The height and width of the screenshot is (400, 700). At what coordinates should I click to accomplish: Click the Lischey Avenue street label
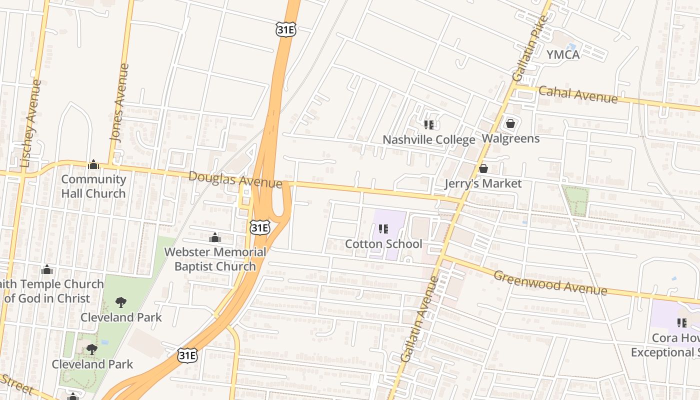coord(30,123)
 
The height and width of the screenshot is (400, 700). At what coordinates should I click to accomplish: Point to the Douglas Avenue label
coord(235,179)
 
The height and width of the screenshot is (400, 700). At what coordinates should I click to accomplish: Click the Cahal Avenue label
coord(577,94)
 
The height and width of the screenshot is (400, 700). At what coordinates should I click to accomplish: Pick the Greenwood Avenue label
coord(550,283)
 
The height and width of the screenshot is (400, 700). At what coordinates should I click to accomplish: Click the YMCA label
coord(562,54)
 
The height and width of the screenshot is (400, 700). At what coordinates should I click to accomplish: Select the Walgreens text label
coord(510,138)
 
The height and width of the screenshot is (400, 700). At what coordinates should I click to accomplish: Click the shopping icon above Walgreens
coord(510,123)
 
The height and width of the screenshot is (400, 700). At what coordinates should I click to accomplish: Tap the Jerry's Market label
coord(483,183)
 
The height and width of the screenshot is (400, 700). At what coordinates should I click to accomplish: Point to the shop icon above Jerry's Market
coord(483,168)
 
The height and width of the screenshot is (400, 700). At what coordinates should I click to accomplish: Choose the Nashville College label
coord(428,139)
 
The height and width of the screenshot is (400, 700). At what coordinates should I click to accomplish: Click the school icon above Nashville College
coord(428,124)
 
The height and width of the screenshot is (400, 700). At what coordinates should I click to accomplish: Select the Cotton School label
coord(383,244)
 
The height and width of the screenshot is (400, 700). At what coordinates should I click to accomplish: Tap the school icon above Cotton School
coord(383,229)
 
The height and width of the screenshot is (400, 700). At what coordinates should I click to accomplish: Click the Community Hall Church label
coord(93,186)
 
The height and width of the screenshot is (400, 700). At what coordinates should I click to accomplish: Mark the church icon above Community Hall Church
coord(93,164)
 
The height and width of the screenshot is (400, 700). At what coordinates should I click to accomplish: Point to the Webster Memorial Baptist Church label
coord(215,259)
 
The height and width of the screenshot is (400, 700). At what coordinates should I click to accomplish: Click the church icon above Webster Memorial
coord(215,237)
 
